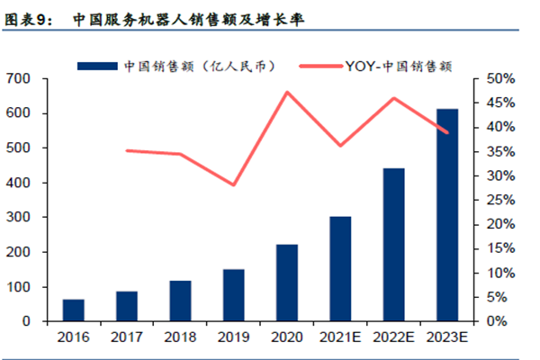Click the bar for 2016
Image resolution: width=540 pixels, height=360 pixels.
pos(74,310)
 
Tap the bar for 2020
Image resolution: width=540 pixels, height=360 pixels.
pos(287,283)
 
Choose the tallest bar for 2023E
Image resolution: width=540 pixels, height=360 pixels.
pos(446,215)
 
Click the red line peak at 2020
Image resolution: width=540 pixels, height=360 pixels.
pos(287,92)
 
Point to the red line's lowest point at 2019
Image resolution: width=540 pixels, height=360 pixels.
pos(234,185)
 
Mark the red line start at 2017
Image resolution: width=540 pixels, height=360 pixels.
pos(127,150)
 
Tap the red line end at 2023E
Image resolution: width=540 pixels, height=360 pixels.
pos(446,132)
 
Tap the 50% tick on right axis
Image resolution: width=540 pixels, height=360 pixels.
pos(497,79)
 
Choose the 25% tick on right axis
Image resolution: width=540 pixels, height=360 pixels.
pos(497,200)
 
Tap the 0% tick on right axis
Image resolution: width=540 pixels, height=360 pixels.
pos(493,321)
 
